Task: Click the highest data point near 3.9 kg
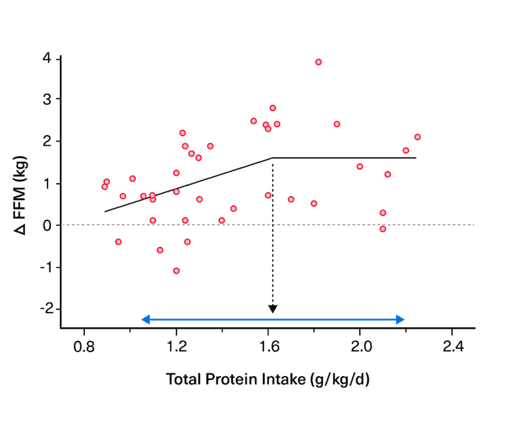pyautogui.click(x=318, y=62)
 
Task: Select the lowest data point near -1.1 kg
pyautogui.click(x=177, y=271)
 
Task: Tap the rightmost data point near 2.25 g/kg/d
pyautogui.click(x=417, y=137)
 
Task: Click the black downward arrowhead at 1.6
pyautogui.click(x=273, y=309)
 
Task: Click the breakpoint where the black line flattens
pyautogui.click(x=273, y=158)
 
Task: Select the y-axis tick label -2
pyautogui.click(x=45, y=309)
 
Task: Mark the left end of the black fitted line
pyautogui.click(x=105, y=211)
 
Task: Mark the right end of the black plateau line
pyautogui.click(x=416, y=158)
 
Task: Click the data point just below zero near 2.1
pyautogui.click(x=383, y=229)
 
